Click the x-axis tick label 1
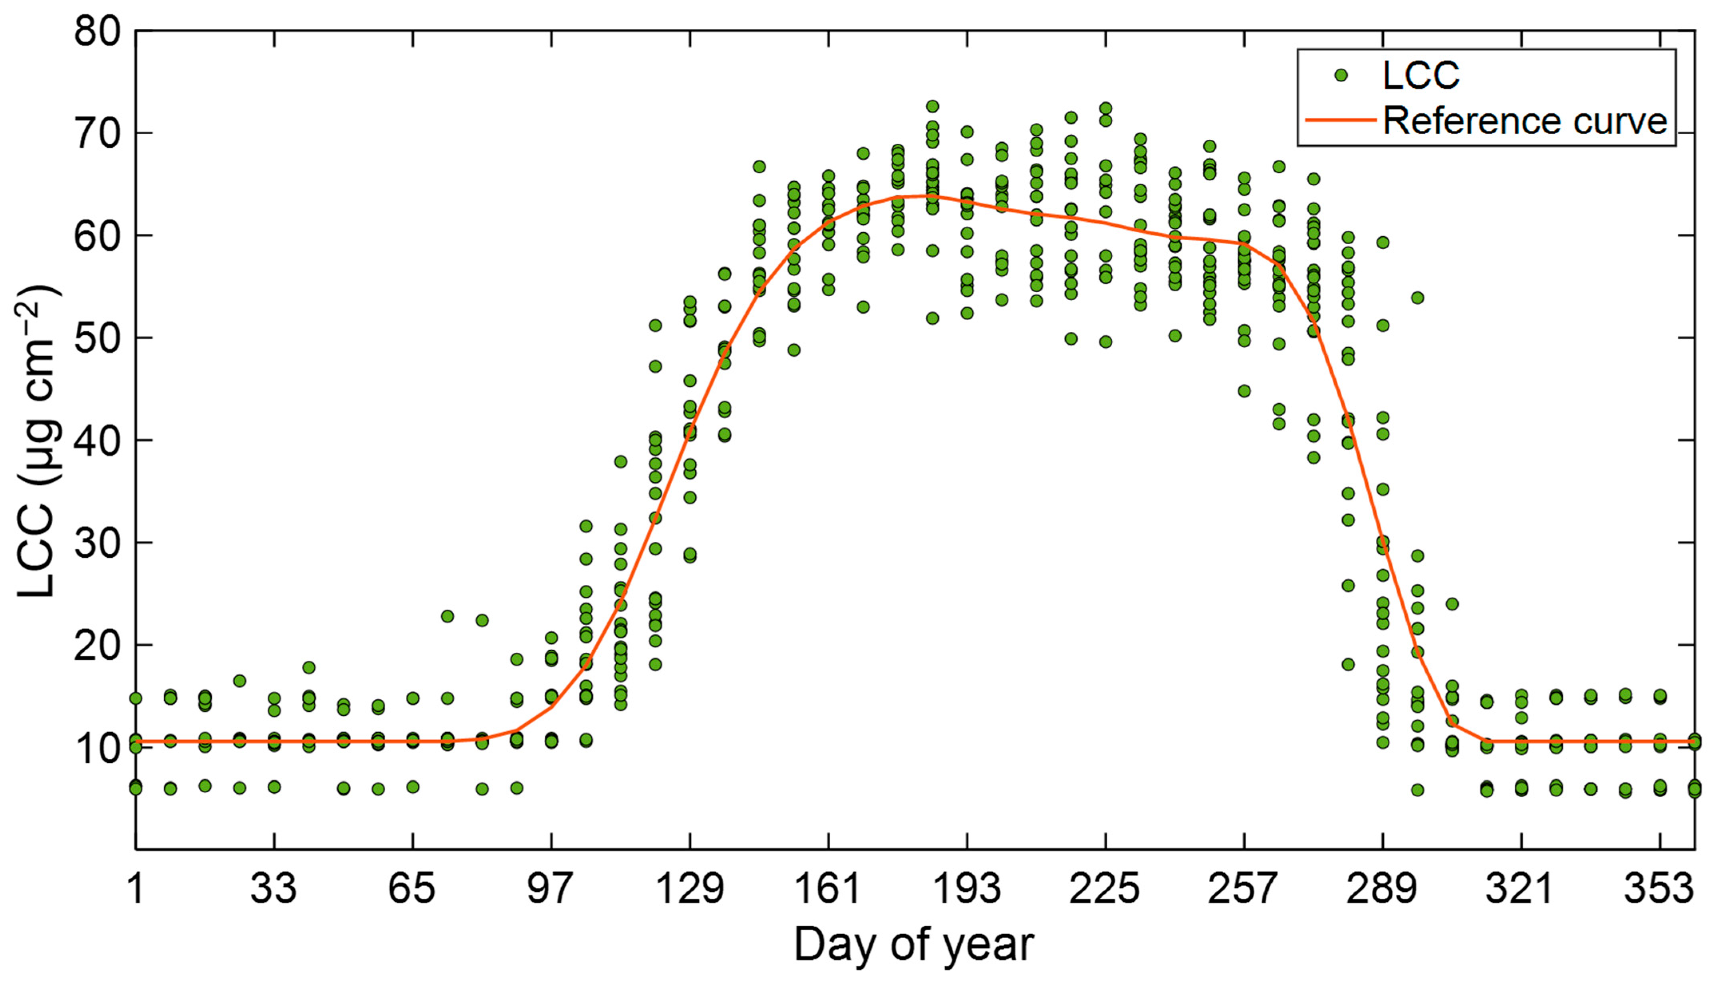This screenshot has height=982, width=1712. coord(136,889)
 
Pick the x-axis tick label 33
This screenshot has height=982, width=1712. coord(274,889)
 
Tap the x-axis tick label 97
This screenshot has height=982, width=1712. coord(550,889)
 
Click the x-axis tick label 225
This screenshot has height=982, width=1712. coord(1105,889)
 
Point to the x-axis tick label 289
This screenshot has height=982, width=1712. coord(1382,889)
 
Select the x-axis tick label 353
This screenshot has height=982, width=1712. coord(1659,889)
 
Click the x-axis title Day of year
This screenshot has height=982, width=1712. coord(914,944)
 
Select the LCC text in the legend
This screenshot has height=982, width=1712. coord(1420,75)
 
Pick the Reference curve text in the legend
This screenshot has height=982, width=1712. coord(1525,121)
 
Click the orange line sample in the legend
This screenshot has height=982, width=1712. coord(1340,121)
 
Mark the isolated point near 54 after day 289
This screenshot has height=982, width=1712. coord(1417,297)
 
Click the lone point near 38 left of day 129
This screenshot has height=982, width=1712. coord(621,462)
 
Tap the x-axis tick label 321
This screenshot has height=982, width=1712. coord(1520,889)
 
